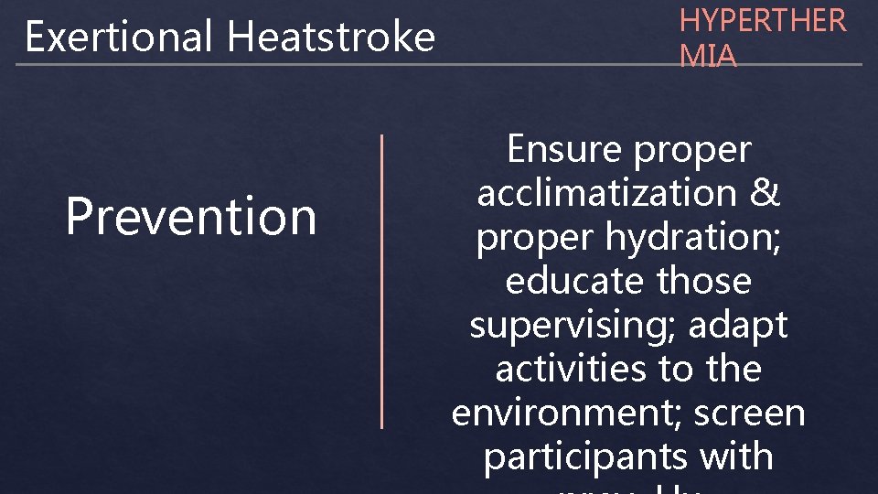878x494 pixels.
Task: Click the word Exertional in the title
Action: point(121,38)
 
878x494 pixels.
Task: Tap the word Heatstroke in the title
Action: point(331,38)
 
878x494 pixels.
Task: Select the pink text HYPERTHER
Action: point(763,21)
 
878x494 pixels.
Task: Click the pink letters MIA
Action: point(707,56)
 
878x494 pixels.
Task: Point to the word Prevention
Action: point(191,217)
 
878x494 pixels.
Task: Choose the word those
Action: point(703,281)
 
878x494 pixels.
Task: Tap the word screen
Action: point(749,413)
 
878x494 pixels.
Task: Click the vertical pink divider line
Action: point(381,281)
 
